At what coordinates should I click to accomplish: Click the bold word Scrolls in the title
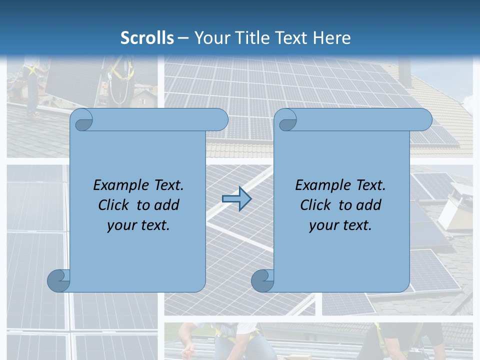147,38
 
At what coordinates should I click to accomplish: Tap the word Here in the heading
331,38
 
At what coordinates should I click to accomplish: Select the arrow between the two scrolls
236,199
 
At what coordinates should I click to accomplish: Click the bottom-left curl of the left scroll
58,280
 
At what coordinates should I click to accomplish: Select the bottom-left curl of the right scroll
262,280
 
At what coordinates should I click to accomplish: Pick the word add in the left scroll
167,205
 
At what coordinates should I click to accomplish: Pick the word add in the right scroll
369,205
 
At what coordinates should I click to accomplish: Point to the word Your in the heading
210,38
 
